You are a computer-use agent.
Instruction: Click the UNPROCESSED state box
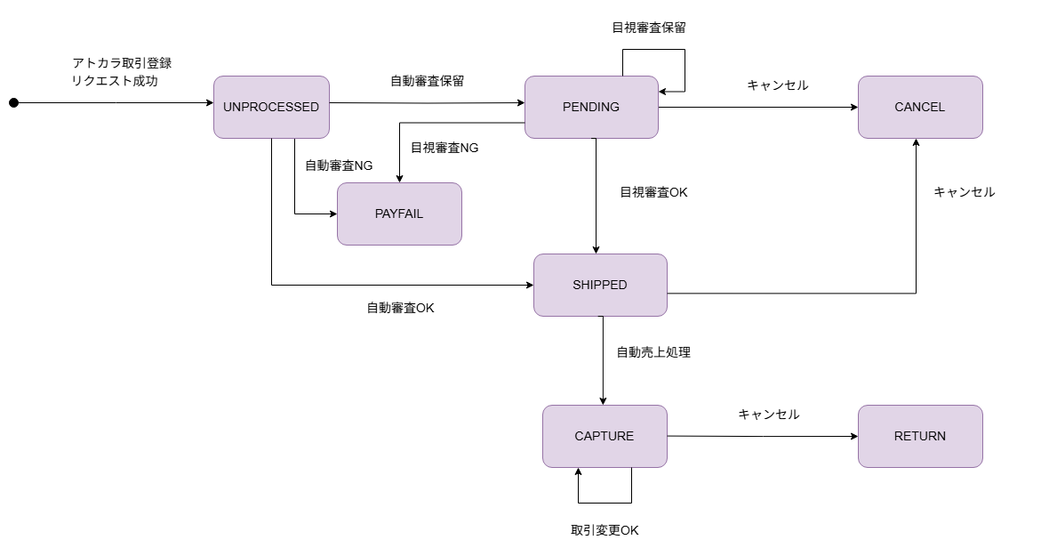tap(271, 107)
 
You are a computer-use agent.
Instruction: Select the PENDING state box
tap(591, 107)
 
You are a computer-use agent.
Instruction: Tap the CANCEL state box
tap(920, 107)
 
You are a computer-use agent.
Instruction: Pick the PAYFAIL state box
tap(399, 214)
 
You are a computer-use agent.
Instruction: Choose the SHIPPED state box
tap(600, 285)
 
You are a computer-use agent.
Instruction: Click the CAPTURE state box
tap(605, 436)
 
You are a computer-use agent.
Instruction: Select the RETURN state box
tap(920, 436)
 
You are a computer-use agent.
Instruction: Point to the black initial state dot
tap(13, 103)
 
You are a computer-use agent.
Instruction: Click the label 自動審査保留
tap(427, 81)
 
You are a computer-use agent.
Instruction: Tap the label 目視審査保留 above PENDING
tap(649, 28)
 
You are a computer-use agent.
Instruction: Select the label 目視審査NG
tap(444, 148)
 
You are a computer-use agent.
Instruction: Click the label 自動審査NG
tap(339, 165)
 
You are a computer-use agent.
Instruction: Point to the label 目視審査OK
tap(653, 192)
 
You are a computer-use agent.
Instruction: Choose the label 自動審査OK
tap(400, 308)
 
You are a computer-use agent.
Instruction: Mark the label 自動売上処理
tap(653, 352)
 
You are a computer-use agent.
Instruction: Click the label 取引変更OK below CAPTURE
tap(605, 530)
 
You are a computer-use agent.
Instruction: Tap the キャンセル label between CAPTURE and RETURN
tap(769, 415)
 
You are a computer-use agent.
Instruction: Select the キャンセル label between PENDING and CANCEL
tap(778, 85)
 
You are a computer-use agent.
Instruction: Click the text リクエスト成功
tap(115, 81)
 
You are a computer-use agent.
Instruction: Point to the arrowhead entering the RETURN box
tap(853, 437)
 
